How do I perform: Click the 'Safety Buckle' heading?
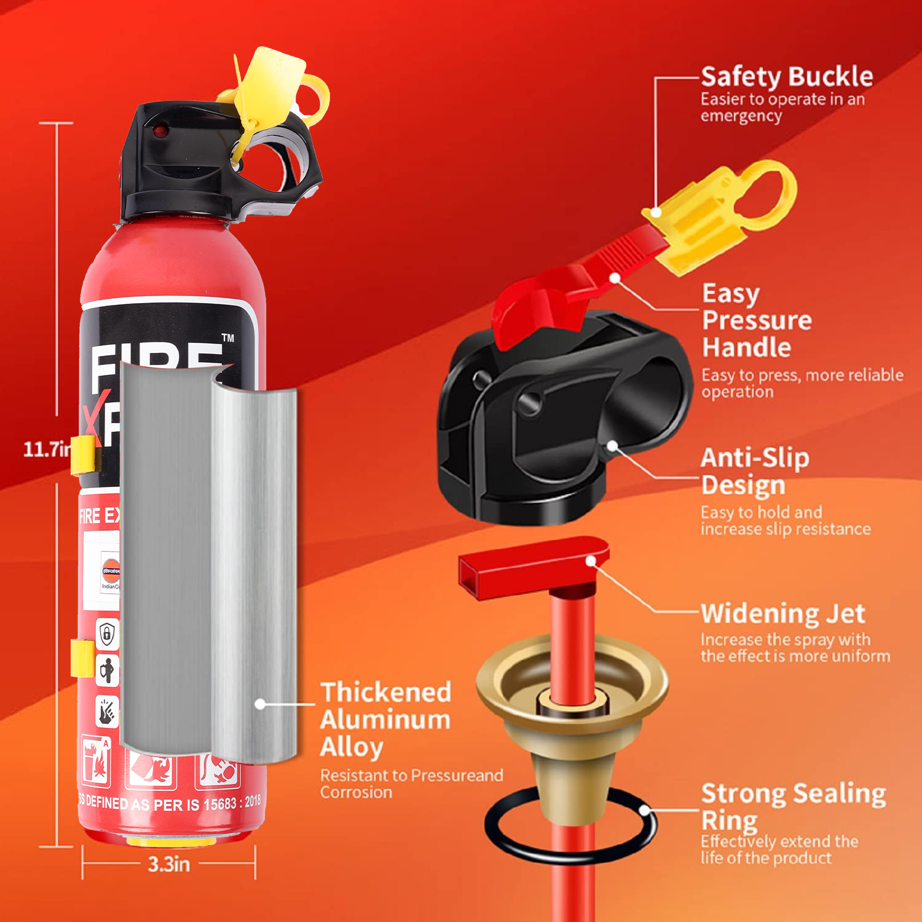click(786, 77)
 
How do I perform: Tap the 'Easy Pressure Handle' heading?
click(756, 320)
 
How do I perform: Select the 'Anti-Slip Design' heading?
click(754, 471)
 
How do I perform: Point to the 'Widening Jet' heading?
click(782, 613)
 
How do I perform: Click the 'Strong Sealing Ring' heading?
click(792, 805)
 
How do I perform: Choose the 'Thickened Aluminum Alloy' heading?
click(385, 719)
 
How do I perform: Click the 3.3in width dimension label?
click(168, 864)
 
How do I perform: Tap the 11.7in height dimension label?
click(47, 449)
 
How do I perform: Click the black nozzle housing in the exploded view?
click(553, 418)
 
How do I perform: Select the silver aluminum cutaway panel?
click(209, 565)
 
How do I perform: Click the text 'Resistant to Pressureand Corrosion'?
click(411, 784)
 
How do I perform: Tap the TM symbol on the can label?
click(228, 337)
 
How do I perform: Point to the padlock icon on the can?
click(107, 633)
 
